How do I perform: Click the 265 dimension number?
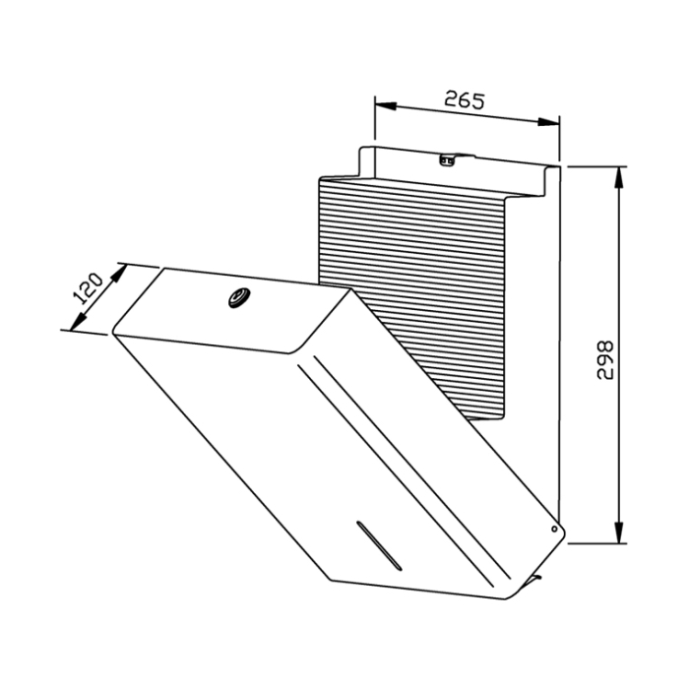[x=464, y=99]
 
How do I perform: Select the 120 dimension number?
[x=89, y=288]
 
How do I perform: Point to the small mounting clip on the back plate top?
[x=448, y=160]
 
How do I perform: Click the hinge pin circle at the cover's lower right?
[x=554, y=529]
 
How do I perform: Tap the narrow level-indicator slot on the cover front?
[x=379, y=545]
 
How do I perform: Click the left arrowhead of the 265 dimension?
[x=386, y=106]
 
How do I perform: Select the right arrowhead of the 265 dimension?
[x=548, y=122]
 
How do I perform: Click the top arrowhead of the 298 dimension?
[x=619, y=177]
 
